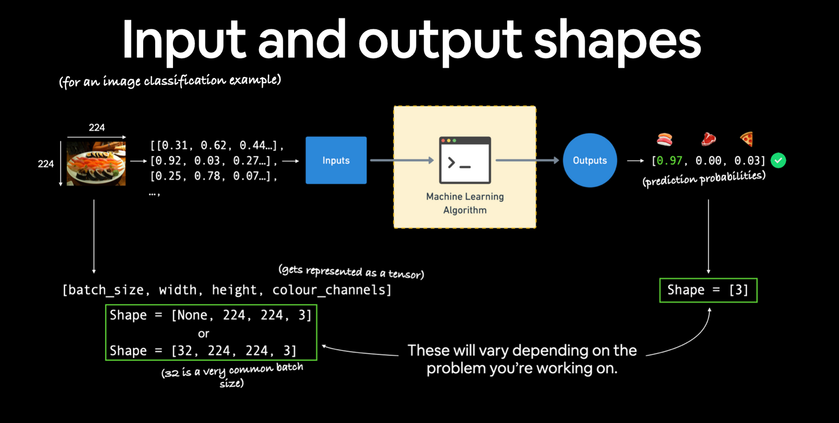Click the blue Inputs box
click(336, 160)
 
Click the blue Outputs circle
click(589, 160)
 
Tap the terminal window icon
click(465, 160)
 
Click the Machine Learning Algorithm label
click(465, 203)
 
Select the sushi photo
click(96, 163)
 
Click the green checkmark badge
click(779, 160)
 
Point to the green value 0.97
click(669, 161)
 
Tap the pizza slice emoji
click(747, 139)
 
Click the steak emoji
click(708, 139)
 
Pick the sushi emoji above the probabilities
click(665, 139)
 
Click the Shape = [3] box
click(708, 290)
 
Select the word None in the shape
click(192, 315)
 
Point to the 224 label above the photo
click(96, 128)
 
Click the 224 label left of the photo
click(46, 164)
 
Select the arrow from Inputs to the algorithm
click(401, 160)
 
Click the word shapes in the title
click(617, 41)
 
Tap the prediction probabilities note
click(704, 178)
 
